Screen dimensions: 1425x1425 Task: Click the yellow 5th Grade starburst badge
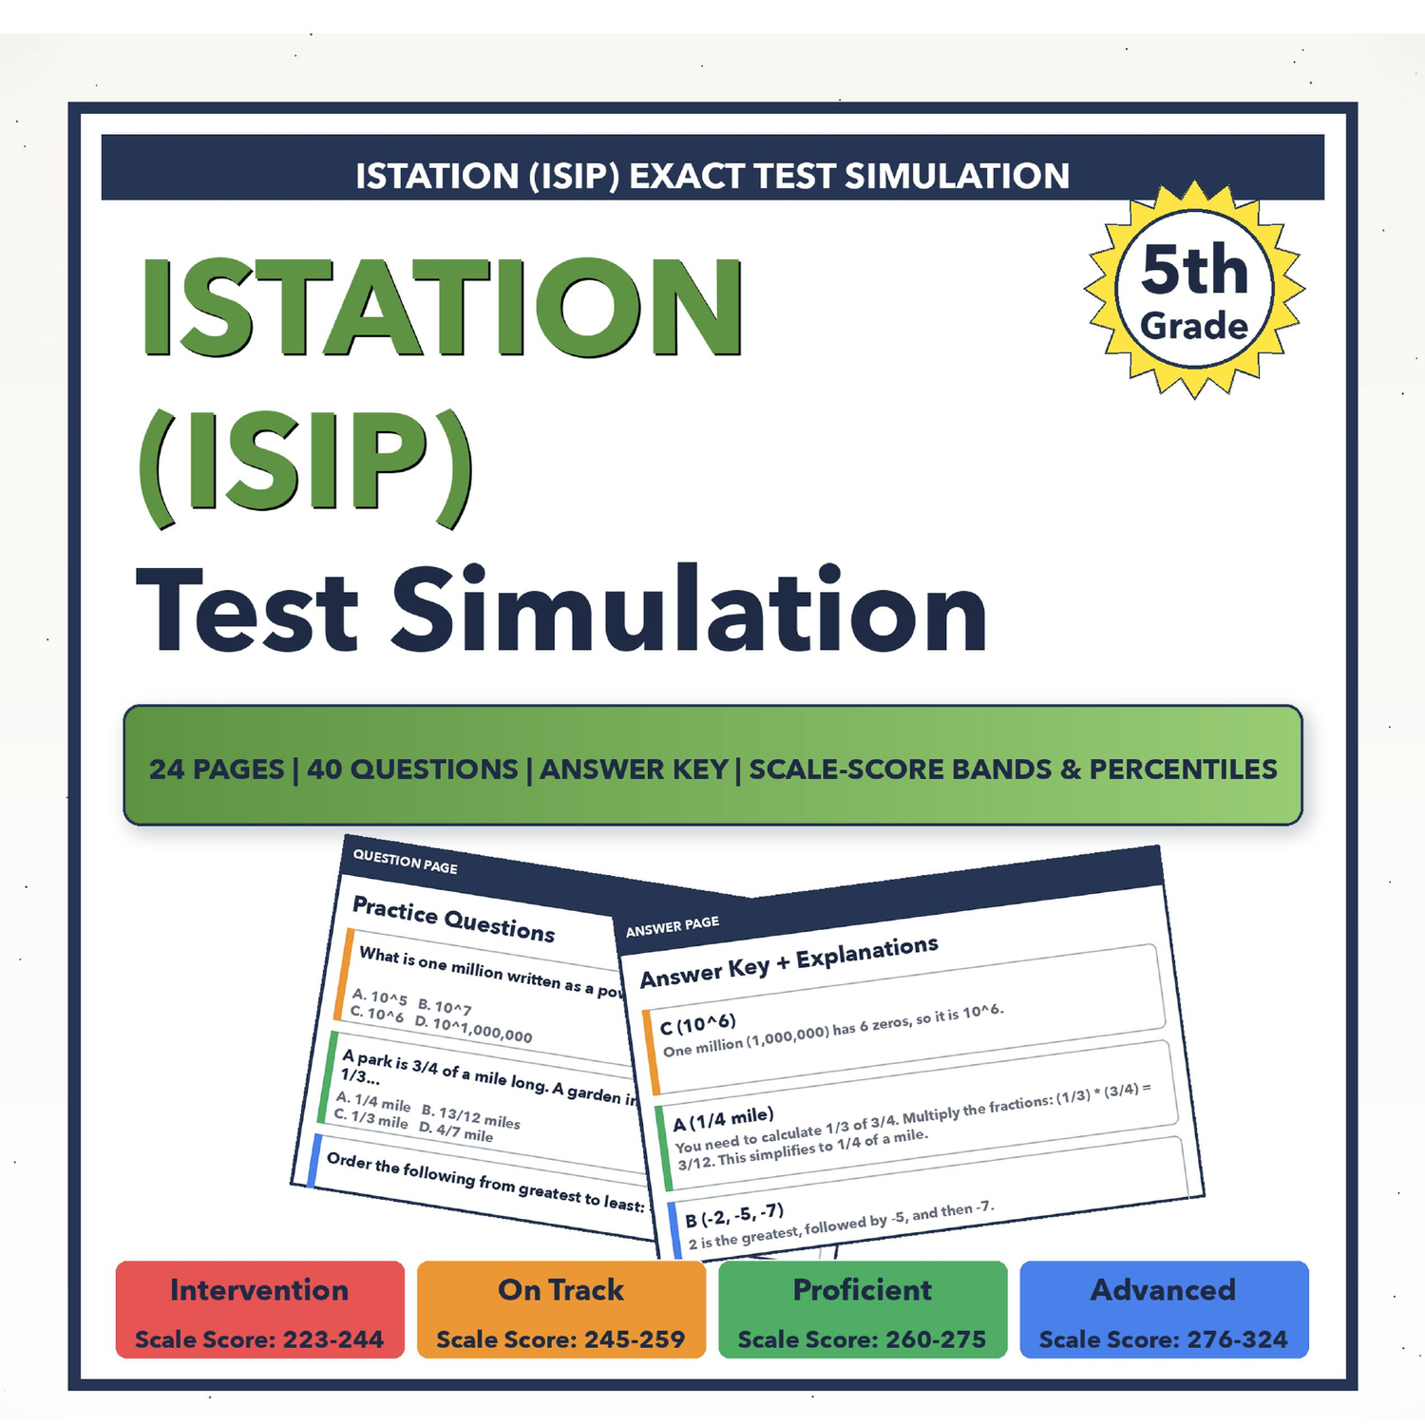(x=1194, y=290)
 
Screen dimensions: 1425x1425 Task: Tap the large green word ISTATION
(x=443, y=308)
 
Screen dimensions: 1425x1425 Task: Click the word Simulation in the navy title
(x=690, y=609)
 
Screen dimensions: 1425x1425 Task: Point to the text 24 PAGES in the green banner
(x=217, y=769)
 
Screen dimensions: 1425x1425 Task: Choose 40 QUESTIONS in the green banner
(x=412, y=769)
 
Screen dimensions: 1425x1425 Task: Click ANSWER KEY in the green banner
(x=634, y=769)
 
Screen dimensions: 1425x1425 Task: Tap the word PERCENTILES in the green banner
(x=1183, y=769)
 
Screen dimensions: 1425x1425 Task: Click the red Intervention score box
(x=259, y=1309)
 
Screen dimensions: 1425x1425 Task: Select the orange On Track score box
(x=560, y=1309)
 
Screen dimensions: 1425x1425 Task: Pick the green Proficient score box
(x=863, y=1309)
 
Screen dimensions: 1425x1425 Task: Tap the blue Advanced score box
(x=1164, y=1309)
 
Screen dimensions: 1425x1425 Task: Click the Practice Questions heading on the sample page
(x=454, y=919)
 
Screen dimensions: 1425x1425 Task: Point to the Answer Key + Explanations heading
(x=788, y=961)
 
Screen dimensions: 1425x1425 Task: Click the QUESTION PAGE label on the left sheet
(x=406, y=862)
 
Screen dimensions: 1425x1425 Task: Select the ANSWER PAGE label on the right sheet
(x=673, y=926)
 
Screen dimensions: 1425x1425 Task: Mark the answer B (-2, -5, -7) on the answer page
(x=734, y=1215)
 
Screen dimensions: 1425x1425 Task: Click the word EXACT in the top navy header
(x=688, y=176)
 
